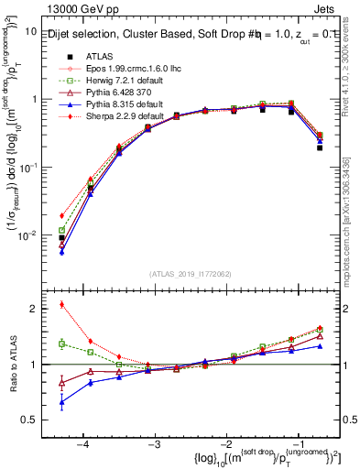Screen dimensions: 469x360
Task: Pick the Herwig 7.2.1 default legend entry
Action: pos(112,82)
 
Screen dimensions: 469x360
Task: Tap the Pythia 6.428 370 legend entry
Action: pos(107,93)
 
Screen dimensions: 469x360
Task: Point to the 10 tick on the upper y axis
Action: pos(31,31)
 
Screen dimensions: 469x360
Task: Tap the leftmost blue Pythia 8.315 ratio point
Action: pos(61,401)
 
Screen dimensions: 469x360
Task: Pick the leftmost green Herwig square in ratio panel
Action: pos(61,344)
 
